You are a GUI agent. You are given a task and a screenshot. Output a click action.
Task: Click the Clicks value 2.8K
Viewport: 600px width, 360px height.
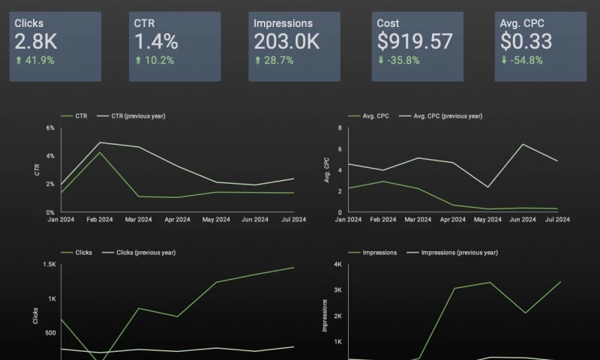(x=36, y=41)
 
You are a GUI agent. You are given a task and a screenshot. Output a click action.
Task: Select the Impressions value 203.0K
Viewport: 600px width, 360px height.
(x=286, y=41)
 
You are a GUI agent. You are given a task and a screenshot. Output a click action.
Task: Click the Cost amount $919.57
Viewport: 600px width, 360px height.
(x=415, y=41)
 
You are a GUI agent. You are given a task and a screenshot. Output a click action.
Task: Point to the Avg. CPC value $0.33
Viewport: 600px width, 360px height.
(x=526, y=41)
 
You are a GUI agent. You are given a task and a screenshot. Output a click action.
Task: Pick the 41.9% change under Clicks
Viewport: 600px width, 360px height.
(x=38, y=61)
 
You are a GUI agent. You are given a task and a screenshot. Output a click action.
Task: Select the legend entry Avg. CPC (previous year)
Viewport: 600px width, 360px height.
(x=448, y=116)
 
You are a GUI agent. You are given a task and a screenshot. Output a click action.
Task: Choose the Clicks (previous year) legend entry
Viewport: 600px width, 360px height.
(x=145, y=253)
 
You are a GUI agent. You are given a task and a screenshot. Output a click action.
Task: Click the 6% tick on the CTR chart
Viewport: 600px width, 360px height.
(x=50, y=128)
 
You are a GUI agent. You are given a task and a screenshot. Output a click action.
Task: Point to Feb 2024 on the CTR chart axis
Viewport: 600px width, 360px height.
(x=99, y=220)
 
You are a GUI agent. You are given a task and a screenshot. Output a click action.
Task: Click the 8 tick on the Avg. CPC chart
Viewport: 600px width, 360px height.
(x=339, y=128)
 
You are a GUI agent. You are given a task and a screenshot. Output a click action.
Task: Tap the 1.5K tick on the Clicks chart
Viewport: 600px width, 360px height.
(x=49, y=265)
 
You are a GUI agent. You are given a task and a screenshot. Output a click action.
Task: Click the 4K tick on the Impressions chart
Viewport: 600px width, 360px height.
(x=337, y=265)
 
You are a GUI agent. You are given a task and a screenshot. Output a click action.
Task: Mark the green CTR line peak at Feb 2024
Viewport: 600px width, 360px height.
(x=99, y=152)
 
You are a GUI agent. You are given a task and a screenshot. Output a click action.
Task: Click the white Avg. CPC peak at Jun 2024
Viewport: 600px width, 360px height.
(x=522, y=144)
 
